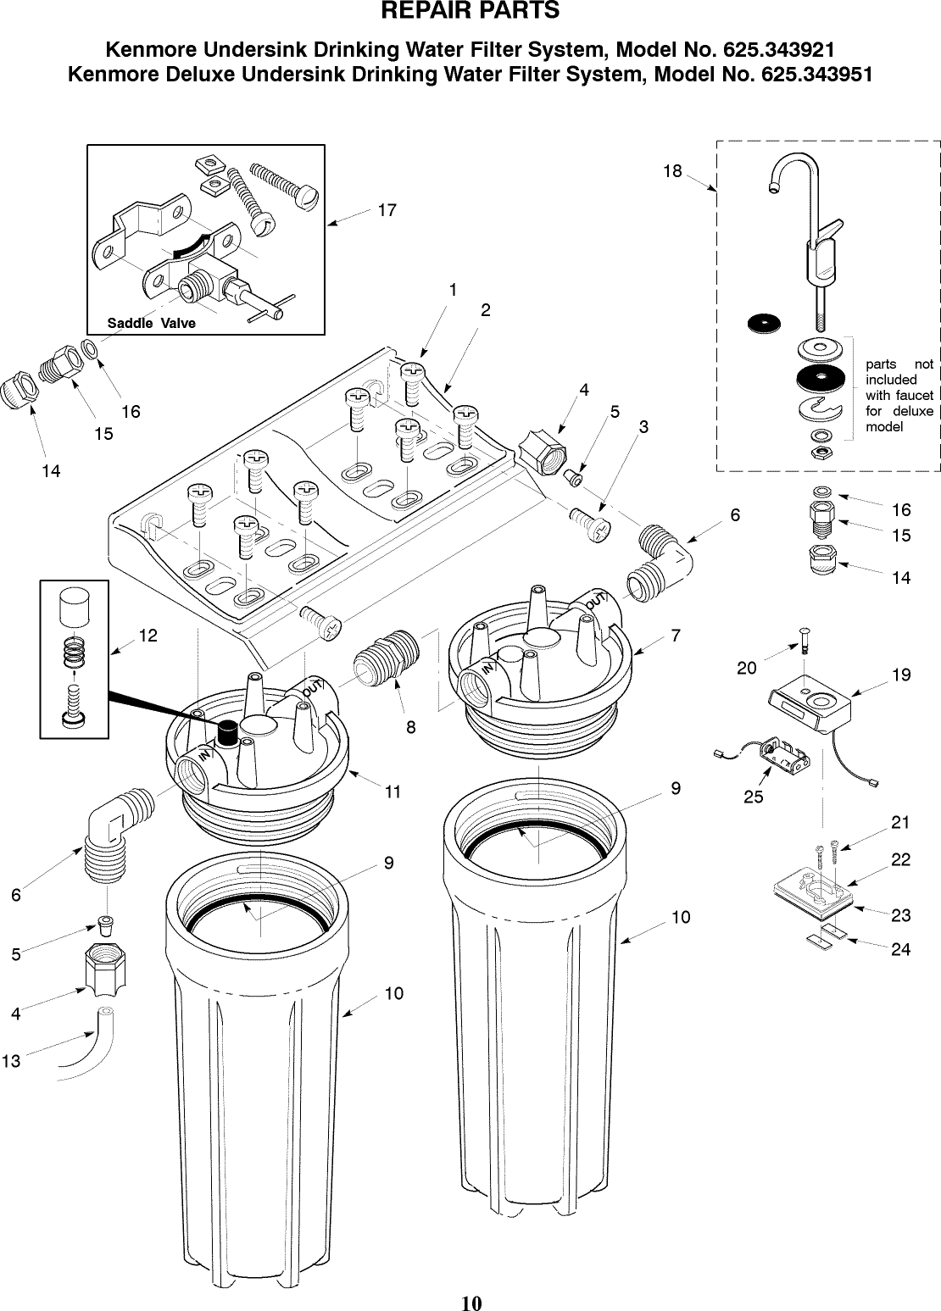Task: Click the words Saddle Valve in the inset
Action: [x=151, y=323]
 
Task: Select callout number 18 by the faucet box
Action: [x=671, y=171]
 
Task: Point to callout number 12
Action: [x=148, y=635]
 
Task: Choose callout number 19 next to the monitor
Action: [x=900, y=675]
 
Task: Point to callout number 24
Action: [x=900, y=949]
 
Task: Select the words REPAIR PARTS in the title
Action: [x=470, y=12]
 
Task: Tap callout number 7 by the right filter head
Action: [x=675, y=635]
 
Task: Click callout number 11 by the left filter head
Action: [x=392, y=792]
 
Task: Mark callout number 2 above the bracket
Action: [x=485, y=310]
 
